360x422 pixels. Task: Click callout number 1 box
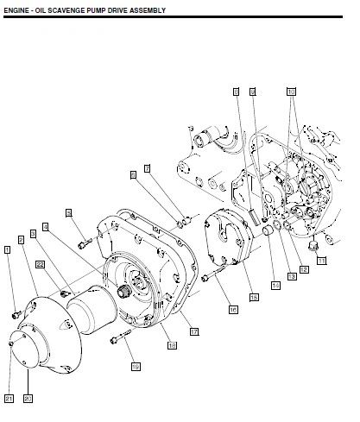click(8, 249)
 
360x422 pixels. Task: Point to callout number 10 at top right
click(291, 90)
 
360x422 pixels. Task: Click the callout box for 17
click(194, 331)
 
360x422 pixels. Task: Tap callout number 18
click(172, 345)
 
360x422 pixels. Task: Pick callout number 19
click(135, 367)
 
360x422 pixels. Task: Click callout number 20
click(27, 398)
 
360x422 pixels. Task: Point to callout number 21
click(8, 398)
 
